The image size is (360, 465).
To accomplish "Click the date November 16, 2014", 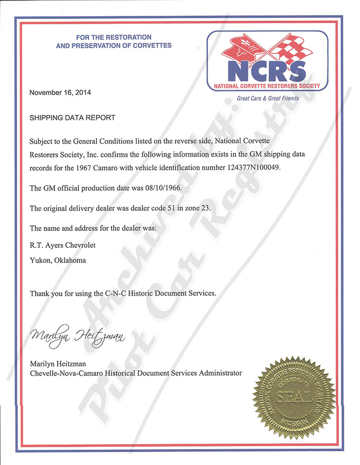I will point(60,92).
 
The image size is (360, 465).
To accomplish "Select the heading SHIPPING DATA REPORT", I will point(72,118).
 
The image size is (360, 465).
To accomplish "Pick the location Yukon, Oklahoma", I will point(58,260).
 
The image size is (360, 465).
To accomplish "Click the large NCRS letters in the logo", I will point(267,71).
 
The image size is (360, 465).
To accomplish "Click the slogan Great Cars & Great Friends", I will point(268,99).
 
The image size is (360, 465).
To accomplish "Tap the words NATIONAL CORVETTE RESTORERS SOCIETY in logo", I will point(267,86).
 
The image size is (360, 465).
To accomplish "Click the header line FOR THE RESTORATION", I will point(114,38).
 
